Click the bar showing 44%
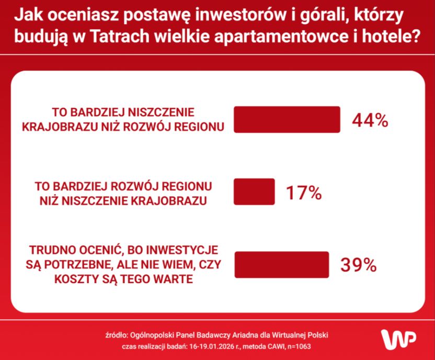click(287, 119)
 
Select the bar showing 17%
click(255, 192)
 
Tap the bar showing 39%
click(282, 265)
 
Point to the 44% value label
click(370, 120)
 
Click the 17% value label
click(304, 193)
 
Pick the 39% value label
click(359, 265)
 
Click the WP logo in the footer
click(398, 339)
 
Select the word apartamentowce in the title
click(281, 37)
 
